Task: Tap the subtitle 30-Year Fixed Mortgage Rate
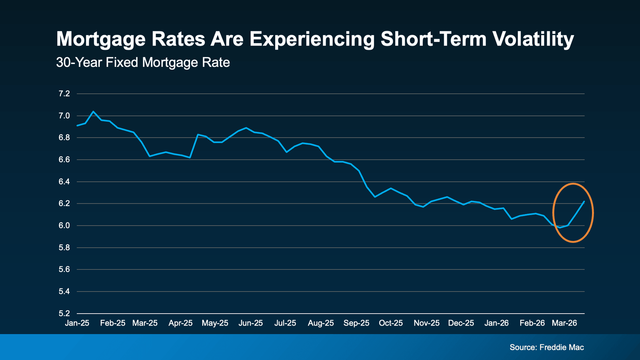(x=143, y=62)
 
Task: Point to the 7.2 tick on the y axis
(x=64, y=94)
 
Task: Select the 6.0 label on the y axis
(x=64, y=226)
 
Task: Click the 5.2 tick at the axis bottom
(x=64, y=313)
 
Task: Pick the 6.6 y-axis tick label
(x=64, y=160)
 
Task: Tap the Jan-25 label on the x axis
(x=77, y=323)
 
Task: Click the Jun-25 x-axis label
(x=251, y=323)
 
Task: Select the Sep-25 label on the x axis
(x=356, y=323)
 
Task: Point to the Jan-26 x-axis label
(x=496, y=323)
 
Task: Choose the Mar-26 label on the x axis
(x=564, y=323)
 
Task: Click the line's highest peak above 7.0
(x=93, y=112)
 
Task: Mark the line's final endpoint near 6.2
(x=584, y=202)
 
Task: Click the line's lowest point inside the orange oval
(x=560, y=228)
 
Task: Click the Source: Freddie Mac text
(x=546, y=347)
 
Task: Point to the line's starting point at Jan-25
(x=77, y=126)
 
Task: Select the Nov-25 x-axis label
(x=426, y=323)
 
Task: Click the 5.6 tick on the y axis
(x=64, y=269)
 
